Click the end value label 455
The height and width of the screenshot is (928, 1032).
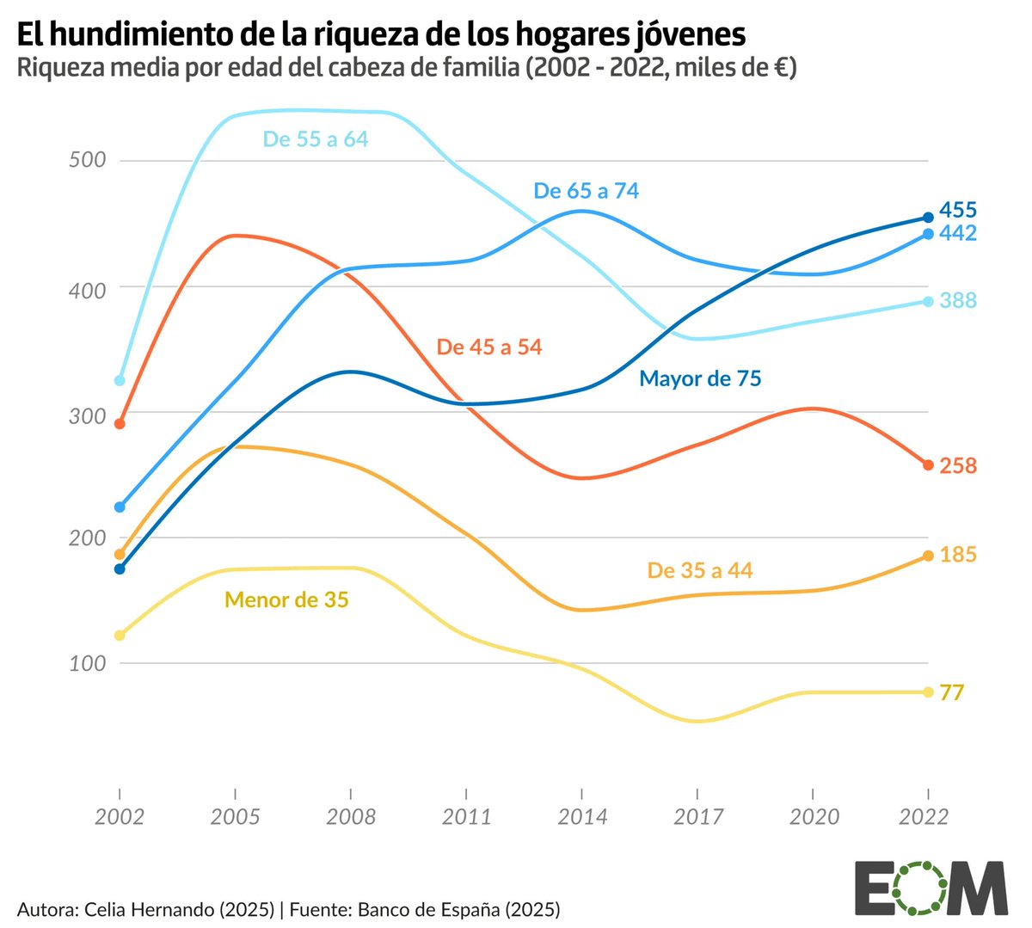(957, 210)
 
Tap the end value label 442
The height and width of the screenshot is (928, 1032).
(957, 233)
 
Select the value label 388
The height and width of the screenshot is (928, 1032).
(957, 300)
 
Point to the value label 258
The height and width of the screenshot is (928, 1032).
(957, 465)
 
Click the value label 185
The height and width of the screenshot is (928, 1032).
(957, 555)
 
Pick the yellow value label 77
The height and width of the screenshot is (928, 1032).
(951, 692)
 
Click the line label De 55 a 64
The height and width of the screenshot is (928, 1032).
(315, 139)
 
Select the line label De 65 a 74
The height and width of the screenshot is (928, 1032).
(586, 191)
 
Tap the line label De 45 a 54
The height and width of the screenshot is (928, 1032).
(489, 347)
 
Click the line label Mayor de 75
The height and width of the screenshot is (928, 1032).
(700, 378)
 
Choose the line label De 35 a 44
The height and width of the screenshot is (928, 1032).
(699, 570)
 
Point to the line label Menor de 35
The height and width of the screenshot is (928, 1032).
(286, 599)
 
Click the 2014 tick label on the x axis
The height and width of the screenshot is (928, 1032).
(582, 816)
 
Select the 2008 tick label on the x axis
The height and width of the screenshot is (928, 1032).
(351, 816)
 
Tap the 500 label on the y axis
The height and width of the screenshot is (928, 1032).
(87, 160)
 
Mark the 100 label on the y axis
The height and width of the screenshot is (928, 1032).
(87, 663)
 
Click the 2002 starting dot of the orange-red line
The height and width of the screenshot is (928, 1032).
(120, 423)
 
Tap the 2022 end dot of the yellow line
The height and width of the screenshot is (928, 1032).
(928, 692)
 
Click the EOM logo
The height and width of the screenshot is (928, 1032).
(931, 888)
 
